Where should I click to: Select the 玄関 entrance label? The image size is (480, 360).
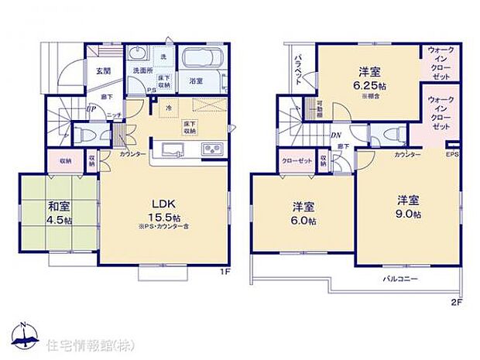[103, 70]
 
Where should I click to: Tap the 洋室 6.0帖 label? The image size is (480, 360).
[303, 213]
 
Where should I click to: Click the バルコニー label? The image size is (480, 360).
[401, 276]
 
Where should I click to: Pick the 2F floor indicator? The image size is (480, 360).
[458, 302]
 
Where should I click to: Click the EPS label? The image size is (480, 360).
[452, 154]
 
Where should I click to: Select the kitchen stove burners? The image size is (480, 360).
[211, 149]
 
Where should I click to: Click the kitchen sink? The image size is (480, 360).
[171, 149]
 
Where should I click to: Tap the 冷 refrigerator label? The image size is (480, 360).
[169, 108]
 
